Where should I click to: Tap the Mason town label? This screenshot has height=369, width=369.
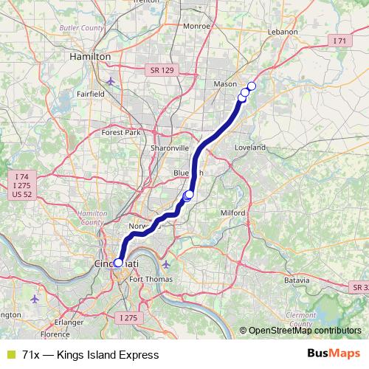(225, 84)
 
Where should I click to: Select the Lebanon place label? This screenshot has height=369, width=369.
(283, 32)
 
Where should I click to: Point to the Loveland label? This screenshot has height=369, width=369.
(249, 148)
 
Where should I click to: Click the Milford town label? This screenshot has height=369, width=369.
(233, 213)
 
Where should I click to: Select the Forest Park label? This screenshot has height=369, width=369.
(121, 133)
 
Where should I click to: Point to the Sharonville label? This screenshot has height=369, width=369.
(170, 148)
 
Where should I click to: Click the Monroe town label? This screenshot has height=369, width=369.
(196, 25)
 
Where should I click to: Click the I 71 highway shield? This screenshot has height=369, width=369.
(339, 41)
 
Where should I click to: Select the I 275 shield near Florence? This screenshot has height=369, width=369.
(128, 317)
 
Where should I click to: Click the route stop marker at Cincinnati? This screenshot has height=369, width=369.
(118, 262)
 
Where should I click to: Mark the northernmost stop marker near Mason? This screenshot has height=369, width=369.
(251, 86)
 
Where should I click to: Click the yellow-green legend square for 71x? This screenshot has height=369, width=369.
(10, 354)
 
